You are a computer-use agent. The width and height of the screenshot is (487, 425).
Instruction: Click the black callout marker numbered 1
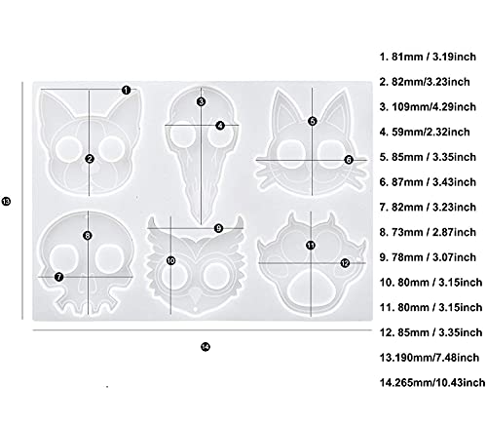pos(126,90)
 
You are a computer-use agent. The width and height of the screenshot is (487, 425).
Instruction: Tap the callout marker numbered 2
pos(90,159)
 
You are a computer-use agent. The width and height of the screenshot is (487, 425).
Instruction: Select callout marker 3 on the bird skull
pos(201,101)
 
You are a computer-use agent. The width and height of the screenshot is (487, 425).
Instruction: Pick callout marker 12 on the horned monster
pos(345,263)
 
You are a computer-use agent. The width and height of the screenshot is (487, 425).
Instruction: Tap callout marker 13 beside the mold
pos(6,202)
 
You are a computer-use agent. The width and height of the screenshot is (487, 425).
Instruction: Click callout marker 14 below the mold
pos(206,347)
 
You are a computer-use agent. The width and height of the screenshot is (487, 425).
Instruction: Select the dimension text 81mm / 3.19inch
pos(433,57)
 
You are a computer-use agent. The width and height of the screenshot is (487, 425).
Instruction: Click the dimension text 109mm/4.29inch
pos(433,107)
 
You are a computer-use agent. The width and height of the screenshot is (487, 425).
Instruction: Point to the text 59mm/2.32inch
pos(431,132)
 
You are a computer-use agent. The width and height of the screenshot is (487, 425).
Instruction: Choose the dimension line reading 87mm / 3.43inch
pos(312,160)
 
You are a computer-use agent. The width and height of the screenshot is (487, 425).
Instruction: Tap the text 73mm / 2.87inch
pos(433,232)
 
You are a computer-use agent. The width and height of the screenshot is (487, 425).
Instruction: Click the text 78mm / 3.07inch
pos(433,257)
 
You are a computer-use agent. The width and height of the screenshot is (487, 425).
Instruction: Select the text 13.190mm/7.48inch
pos(430,358)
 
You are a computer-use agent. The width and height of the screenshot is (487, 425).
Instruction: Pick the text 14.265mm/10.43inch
pos(432,383)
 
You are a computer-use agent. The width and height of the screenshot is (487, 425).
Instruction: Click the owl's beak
pos(196,294)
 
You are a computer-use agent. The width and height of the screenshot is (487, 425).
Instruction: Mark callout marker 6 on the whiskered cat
pos(349,160)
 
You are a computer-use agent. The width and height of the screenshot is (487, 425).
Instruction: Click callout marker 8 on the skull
pos(87,236)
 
